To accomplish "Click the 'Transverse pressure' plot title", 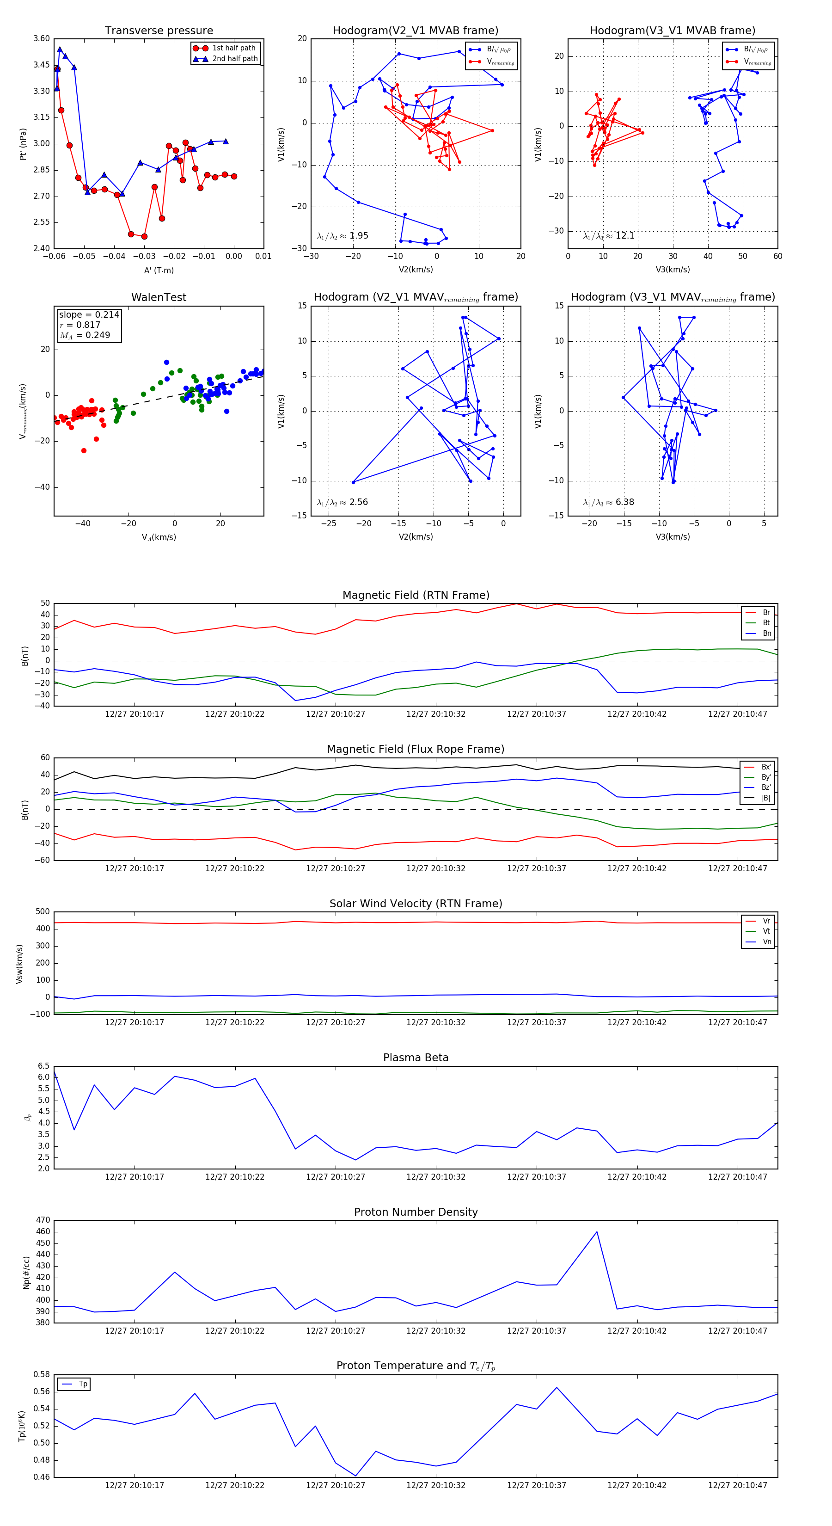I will pos(159,31).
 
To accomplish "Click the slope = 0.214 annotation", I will pos(89,314).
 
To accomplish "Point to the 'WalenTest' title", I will pos(159,297).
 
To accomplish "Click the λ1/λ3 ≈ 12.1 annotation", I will pos(609,236).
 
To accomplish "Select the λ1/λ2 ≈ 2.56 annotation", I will pos(342,502).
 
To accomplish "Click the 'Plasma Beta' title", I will pos(416,1058).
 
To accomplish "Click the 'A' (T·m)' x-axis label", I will pos(159,270).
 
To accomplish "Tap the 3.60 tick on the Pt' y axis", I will pos(42,38).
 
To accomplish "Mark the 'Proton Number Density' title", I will pos(416,1212).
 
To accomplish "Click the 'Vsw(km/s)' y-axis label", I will pos(19,964).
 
